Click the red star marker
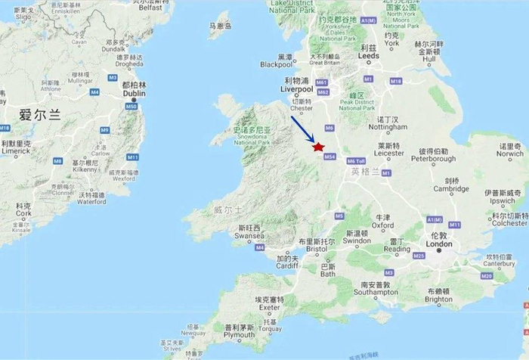pos(319,147)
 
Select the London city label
pos(439,244)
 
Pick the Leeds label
pos(370,55)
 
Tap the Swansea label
pos(248,236)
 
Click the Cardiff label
pos(286,266)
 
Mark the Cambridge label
pos(453,189)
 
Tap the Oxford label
pos(382,225)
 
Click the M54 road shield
pos(329,157)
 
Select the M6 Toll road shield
pos(354,160)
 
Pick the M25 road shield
pos(419,256)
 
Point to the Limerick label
pos(15,151)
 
